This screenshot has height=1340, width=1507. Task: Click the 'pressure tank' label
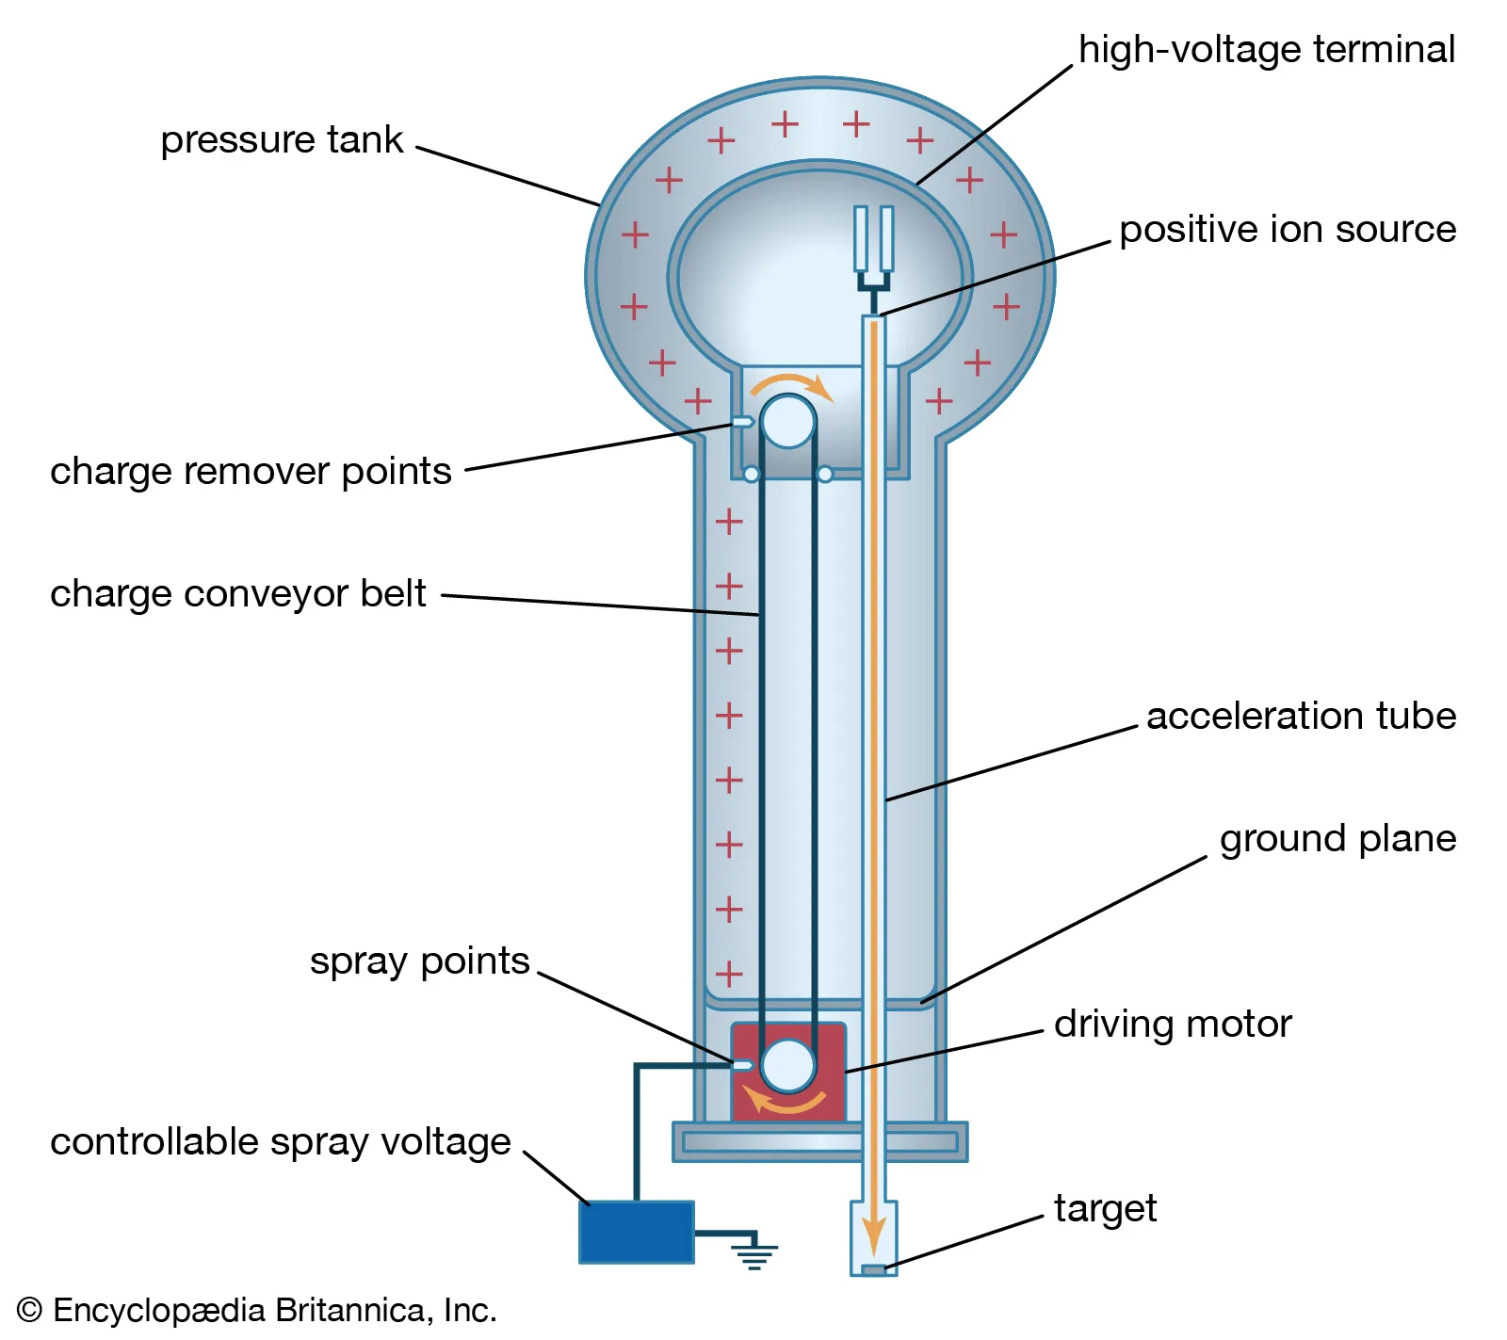point(281,140)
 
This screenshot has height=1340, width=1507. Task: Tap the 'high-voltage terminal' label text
point(1266,50)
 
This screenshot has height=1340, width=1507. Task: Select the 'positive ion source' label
point(1287,230)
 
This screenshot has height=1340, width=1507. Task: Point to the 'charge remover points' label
point(251,472)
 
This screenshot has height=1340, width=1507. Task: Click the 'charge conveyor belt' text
point(237,594)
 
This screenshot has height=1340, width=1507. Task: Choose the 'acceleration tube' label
point(1300,717)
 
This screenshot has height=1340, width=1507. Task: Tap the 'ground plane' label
point(1337,839)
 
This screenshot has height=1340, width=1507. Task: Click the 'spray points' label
point(419,961)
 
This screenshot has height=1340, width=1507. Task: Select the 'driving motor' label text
point(1172,1025)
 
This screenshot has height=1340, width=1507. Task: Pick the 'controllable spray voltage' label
point(280,1142)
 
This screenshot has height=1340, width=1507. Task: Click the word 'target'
point(1104,1209)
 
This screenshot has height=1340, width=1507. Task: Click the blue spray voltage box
point(636,1233)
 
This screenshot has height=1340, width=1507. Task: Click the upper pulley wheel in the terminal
point(787,421)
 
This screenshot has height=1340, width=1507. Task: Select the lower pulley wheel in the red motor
point(787,1066)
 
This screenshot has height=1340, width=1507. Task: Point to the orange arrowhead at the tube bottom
point(874,1235)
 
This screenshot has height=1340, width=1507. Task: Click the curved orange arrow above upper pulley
point(791,381)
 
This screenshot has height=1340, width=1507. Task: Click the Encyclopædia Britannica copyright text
point(256,1311)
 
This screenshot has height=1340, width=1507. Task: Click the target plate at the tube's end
point(874,1270)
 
